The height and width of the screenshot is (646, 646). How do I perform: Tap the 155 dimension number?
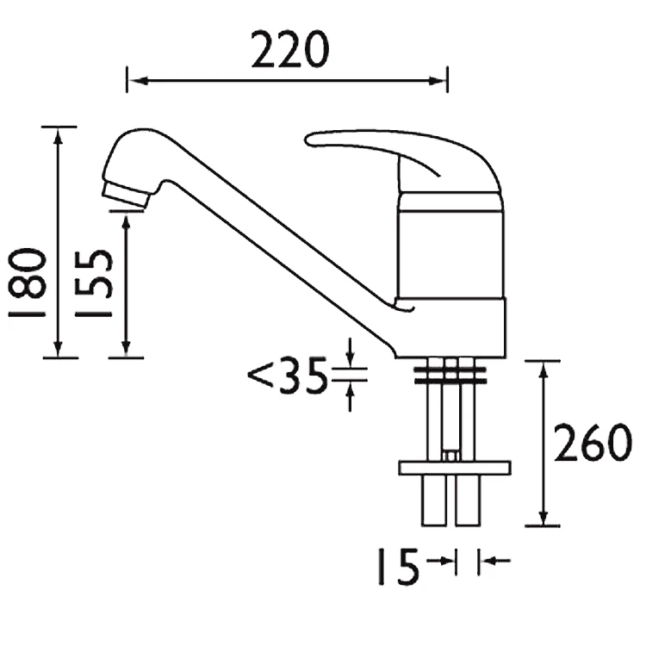[x=94, y=284]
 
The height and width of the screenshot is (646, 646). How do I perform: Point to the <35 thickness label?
[x=287, y=376]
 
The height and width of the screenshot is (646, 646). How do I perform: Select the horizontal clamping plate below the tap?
[x=454, y=468]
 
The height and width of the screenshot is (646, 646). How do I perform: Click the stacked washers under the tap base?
[x=450, y=373]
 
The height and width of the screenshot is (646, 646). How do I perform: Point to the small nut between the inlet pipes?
[x=449, y=454]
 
